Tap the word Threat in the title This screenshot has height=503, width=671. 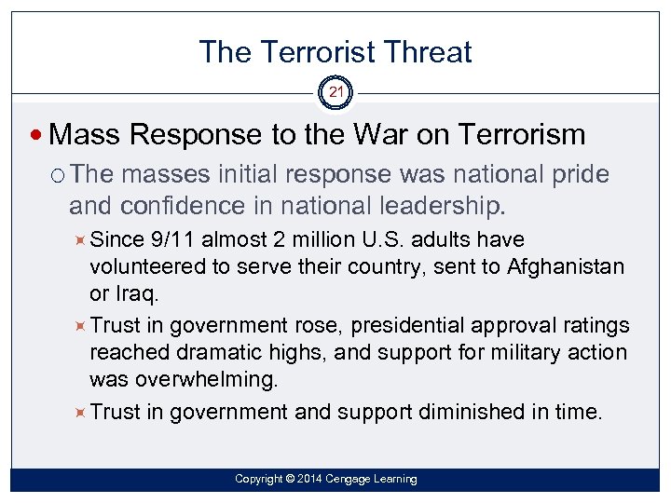click(432, 52)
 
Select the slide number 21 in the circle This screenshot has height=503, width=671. click(335, 92)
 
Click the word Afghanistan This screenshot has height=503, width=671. click(565, 267)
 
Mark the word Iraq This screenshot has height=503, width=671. click(135, 294)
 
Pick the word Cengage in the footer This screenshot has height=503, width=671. click(347, 479)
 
